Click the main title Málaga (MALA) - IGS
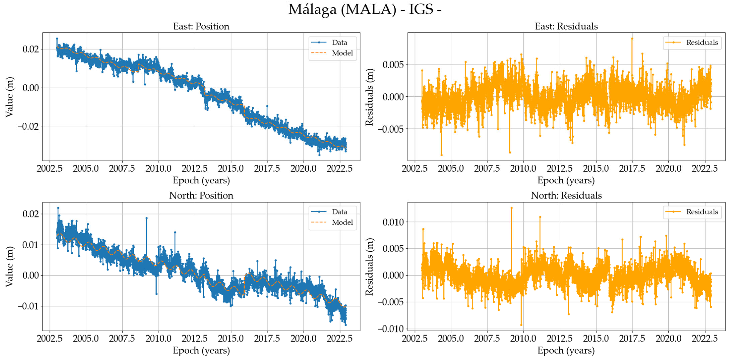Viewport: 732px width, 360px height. tap(365, 9)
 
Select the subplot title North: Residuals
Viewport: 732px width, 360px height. tap(566, 195)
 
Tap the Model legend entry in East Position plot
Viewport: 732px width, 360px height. tap(342, 53)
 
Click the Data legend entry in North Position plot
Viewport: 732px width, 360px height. tap(339, 212)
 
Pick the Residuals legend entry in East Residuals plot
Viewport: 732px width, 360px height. tap(702, 42)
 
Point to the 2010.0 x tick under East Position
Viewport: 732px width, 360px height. tap(158, 169)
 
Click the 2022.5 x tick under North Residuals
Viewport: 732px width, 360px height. tap(705, 338)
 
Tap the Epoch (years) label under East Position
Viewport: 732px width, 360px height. tap(201, 180)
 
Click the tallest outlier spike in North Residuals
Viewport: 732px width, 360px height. tap(511, 208)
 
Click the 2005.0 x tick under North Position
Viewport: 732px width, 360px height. tap(86, 338)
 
